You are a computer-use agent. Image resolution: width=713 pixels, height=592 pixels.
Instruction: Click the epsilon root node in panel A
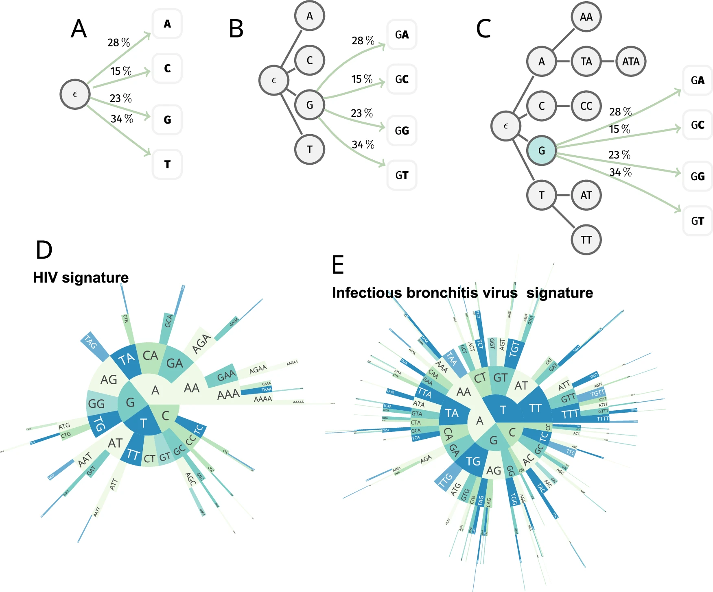tap(75, 94)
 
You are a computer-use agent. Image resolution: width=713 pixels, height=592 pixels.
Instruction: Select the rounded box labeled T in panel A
tap(167, 164)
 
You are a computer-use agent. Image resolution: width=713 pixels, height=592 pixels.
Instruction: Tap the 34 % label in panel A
tap(122, 119)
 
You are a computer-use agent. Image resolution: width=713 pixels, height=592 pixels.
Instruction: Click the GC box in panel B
tap(402, 79)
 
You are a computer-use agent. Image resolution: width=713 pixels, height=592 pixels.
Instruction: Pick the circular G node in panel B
tap(310, 105)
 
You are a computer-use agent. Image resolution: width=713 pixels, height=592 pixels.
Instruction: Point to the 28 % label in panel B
tap(363, 41)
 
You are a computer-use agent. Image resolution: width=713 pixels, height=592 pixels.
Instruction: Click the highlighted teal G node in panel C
tap(541, 150)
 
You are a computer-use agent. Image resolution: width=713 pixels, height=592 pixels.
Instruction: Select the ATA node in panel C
tap(630, 61)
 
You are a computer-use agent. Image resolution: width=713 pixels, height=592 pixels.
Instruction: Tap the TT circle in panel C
tap(586, 240)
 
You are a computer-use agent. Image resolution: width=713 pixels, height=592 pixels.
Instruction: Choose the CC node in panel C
tap(586, 106)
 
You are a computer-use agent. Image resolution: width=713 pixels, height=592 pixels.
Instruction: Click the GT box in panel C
tap(698, 221)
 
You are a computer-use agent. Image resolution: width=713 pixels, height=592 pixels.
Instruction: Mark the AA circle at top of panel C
tap(586, 17)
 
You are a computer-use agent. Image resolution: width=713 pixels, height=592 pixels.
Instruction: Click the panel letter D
tap(44, 250)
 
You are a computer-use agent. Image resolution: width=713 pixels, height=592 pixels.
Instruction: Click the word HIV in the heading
tap(46, 277)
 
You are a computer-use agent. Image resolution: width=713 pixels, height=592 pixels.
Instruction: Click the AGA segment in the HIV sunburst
tap(201, 344)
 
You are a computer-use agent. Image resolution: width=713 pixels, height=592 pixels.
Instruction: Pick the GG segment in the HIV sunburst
tap(97, 403)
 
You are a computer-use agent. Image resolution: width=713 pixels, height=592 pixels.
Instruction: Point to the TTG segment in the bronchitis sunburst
tap(446, 480)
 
